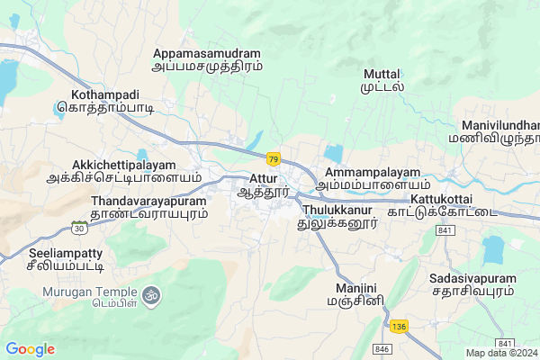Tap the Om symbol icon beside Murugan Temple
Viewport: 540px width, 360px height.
click(x=150, y=294)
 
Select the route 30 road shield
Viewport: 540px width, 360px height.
click(x=80, y=229)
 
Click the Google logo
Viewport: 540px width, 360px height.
click(x=30, y=349)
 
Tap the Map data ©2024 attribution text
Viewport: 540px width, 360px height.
click(x=500, y=353)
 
